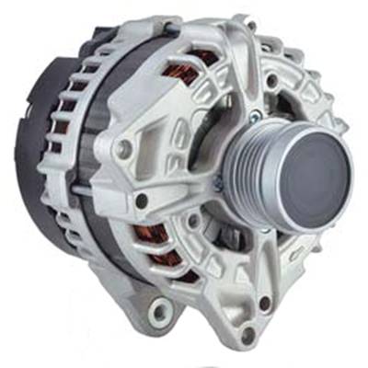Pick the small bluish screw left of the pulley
click(x=217, y=185)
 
